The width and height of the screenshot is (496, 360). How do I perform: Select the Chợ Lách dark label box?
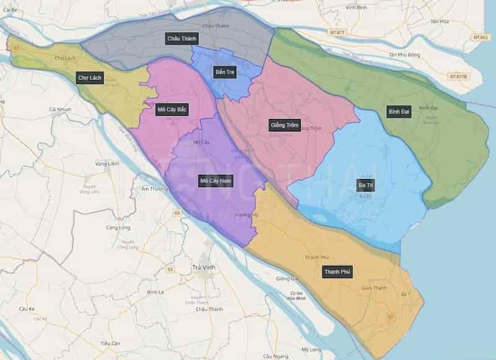(x=90, y=77)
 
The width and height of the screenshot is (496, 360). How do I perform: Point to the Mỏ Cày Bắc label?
(x=172, y=110)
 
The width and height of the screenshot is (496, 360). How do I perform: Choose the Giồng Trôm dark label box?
(x=285, y=125)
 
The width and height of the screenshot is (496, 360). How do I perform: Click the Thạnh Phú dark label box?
(x=337, y=271)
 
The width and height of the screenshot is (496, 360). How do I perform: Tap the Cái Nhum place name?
(x=61, y=109)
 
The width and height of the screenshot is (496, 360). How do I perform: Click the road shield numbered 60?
(x=177, y=213)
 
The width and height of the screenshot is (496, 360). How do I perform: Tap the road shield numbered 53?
(x=170, y=270)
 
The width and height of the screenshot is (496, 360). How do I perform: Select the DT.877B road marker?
(x=459, y=76)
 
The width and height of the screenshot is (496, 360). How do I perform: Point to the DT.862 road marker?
(x=480, y=37)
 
